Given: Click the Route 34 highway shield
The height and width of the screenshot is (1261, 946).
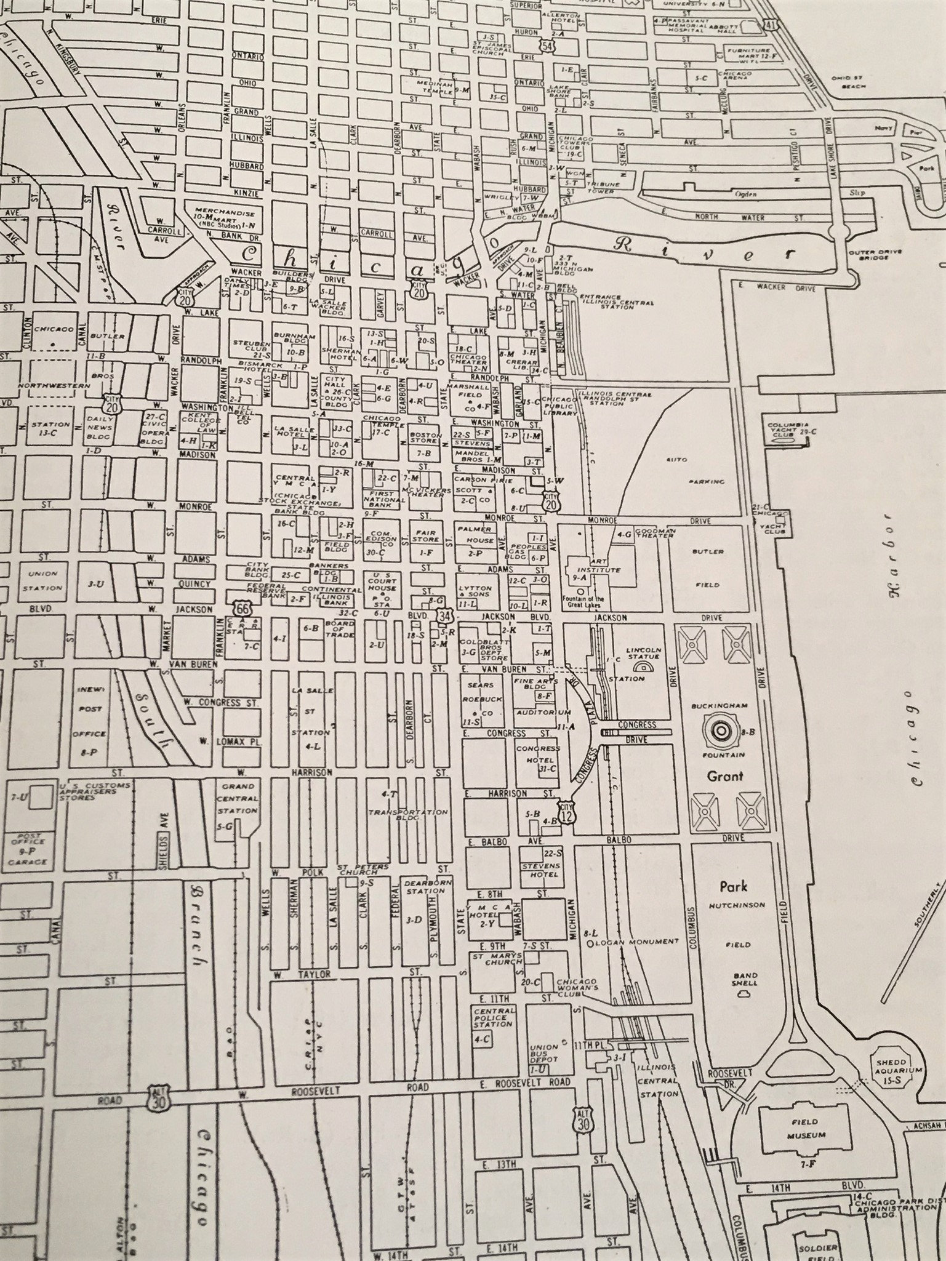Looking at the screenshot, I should pos(443,615).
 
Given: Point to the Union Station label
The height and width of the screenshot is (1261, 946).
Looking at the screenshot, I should pos(43,580).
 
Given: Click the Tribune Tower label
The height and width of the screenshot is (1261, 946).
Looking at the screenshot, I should pos(600,187).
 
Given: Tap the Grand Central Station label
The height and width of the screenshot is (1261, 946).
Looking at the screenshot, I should pos(239,798).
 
